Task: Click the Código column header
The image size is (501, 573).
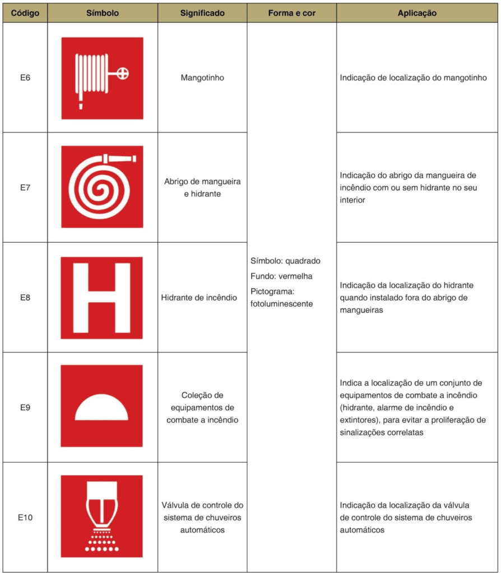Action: (x=25, y=13)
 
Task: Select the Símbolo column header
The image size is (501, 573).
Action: (x=103, y=13)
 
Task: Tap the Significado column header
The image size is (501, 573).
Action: (x=202, y=13)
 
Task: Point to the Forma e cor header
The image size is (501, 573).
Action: (x=291, y=13)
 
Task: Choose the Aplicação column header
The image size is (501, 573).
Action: (x=417, y=13)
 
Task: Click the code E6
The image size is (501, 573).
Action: (x=25, y=78)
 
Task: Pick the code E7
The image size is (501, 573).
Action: (x=25, y=187)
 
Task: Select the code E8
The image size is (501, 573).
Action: (x=25, y=297)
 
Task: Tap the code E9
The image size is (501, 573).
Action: (x=25, y=407)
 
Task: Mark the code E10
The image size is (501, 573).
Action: (x=25, y=517)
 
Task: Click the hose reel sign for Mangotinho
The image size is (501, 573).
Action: (x=102, y=78)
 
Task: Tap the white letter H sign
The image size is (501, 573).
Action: (x=102, y=297)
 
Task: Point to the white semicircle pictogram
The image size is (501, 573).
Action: (x=102, y=407)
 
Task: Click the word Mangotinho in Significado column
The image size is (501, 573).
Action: (x=202, y=78)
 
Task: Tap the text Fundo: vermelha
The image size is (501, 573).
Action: (x=282, y=276)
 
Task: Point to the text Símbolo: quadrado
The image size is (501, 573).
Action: (x=286, y=261)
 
